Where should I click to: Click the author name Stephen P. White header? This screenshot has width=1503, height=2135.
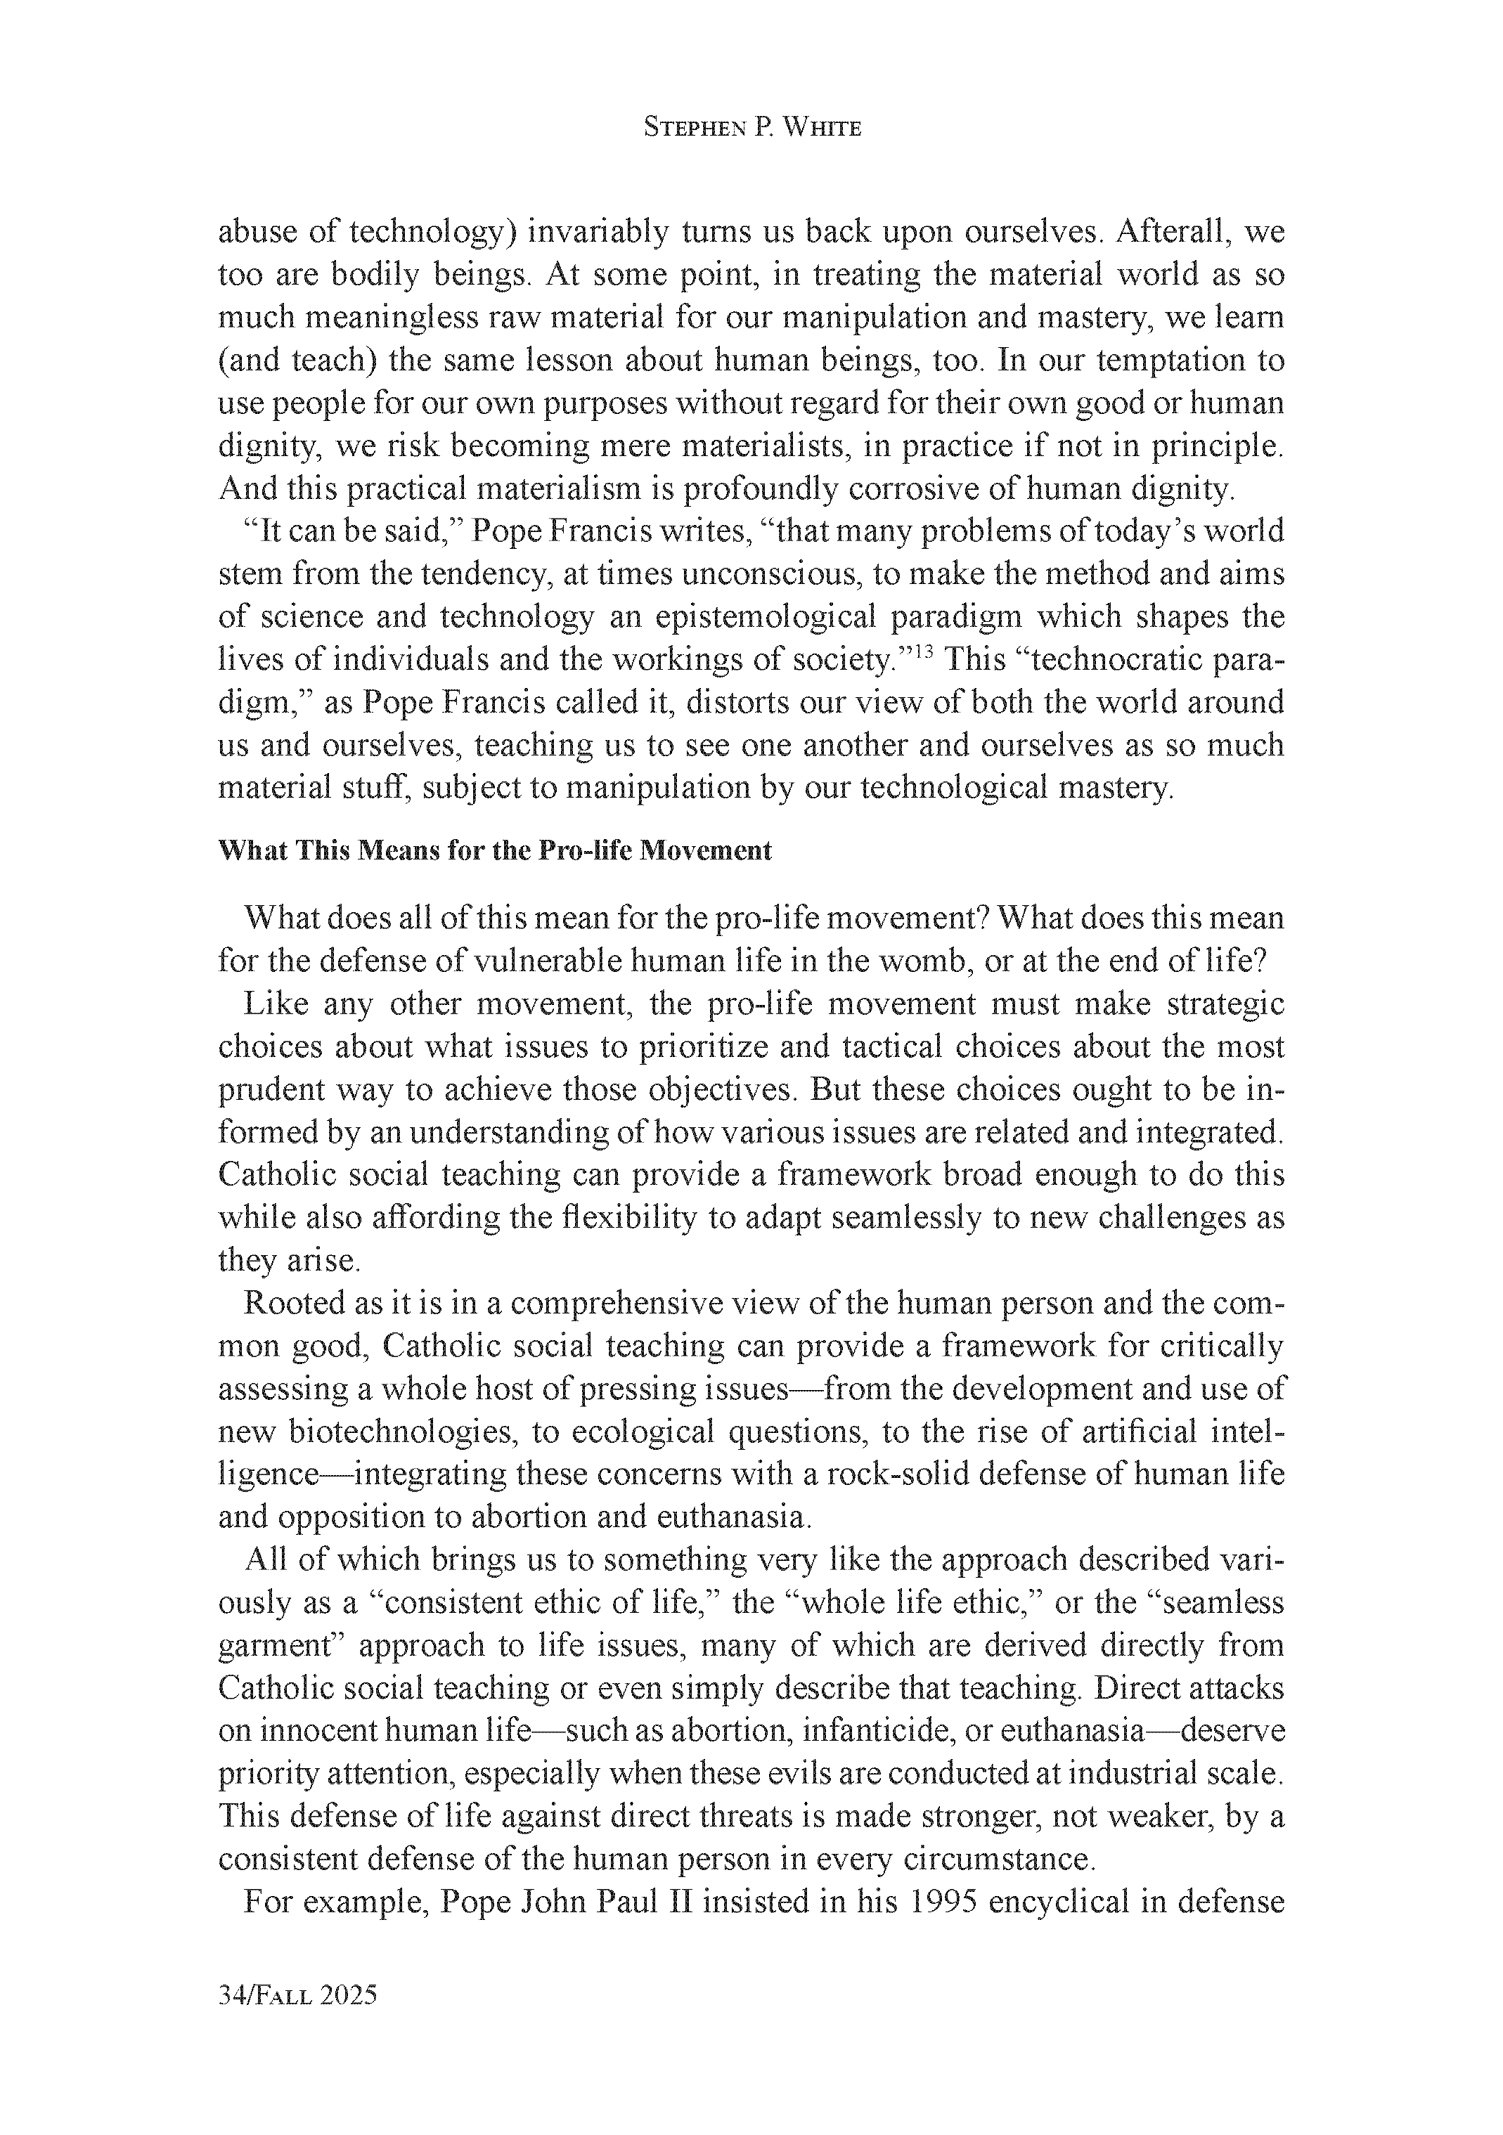751,129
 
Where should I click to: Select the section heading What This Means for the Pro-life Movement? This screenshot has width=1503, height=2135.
494,851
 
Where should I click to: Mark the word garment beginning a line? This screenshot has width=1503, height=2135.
280,1645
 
